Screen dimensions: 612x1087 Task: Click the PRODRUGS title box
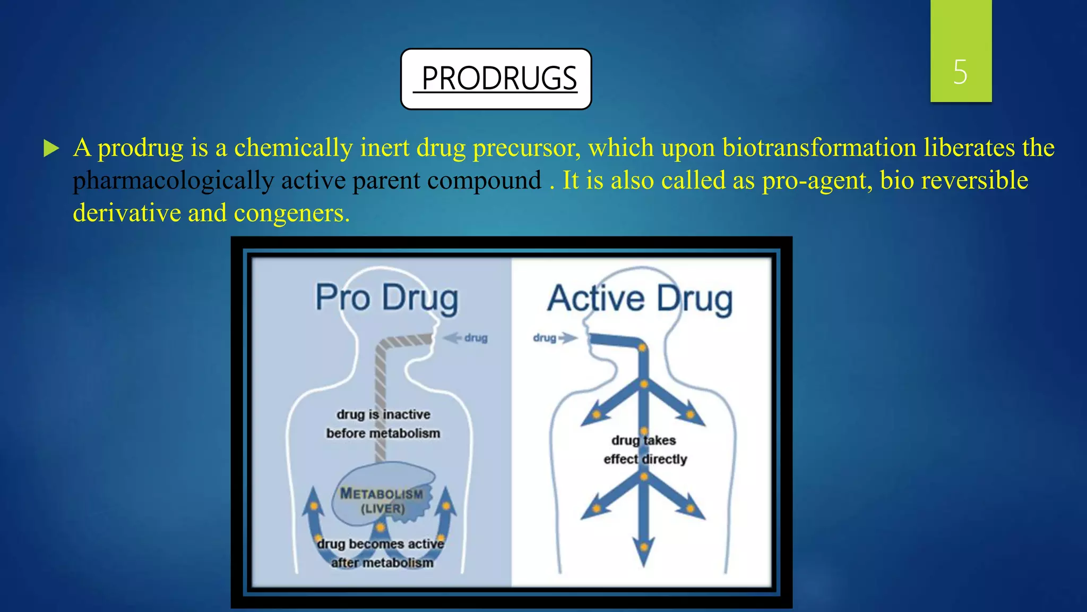[x=496, y=79]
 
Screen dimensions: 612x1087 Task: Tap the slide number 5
[x=960, y=72]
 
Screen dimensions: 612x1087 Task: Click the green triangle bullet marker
[x=51, y=148]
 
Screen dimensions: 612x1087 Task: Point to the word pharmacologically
[x=173, y=181]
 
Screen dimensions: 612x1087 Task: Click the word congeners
[x=291, y=214]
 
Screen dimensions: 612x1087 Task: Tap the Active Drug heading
[x=640, y=299]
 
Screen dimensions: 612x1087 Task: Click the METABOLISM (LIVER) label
[x=382, y=501]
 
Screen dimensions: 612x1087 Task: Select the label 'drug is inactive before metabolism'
[x=383, y=424]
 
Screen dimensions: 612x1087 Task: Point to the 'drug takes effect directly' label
[x=644, y=449]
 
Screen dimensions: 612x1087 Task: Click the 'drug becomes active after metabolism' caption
[x=381, y=553]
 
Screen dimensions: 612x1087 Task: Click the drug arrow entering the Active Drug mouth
[x=555, y=338]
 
